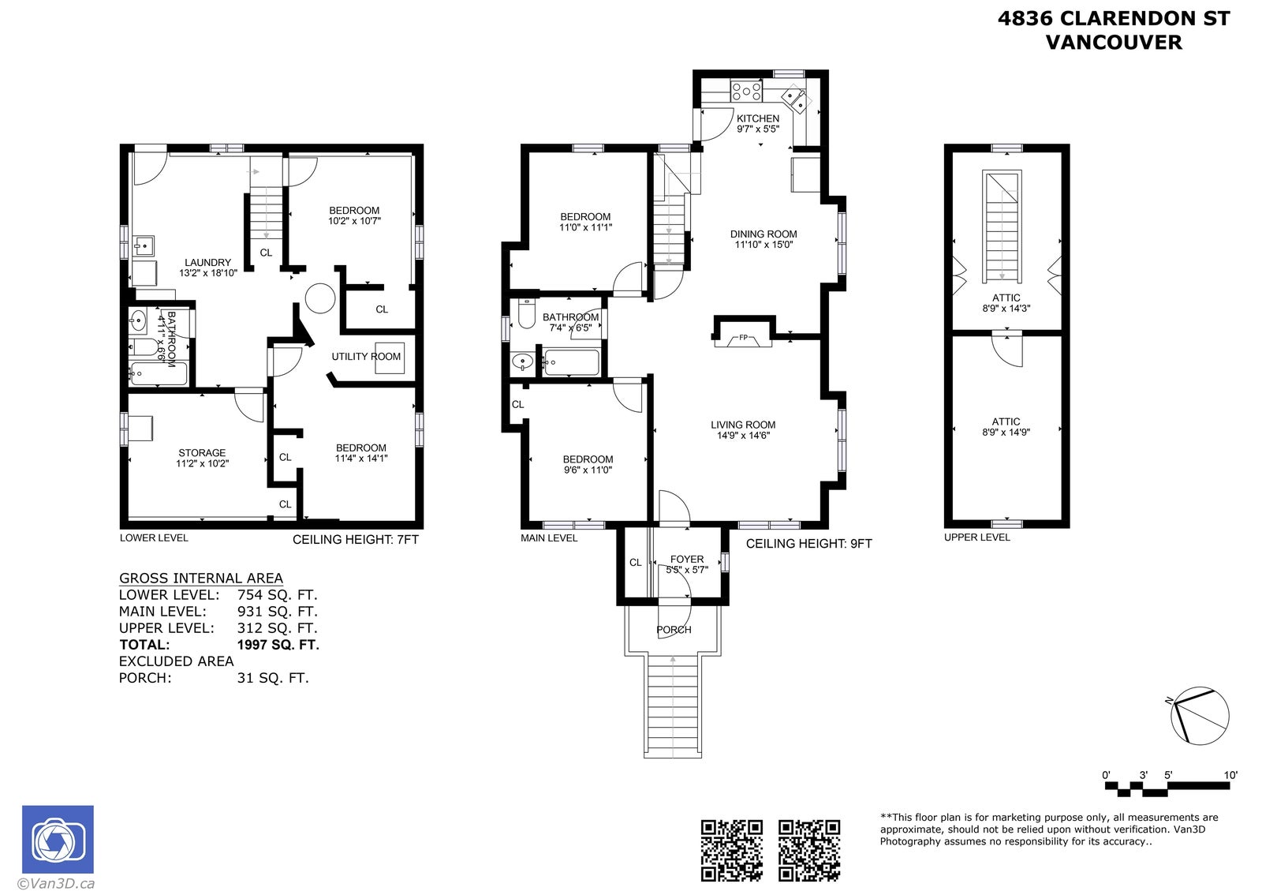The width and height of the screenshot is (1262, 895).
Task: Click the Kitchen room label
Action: (758, 118)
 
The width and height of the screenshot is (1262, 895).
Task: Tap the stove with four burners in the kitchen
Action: (746, 91)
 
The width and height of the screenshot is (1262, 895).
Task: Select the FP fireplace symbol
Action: (742, 339)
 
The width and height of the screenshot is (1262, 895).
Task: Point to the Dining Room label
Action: (764, 234)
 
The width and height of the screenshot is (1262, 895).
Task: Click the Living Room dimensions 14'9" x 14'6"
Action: (743, 435)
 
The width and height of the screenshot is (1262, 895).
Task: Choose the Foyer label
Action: (687, 559)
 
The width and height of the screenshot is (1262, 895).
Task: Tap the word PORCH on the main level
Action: (674, 630)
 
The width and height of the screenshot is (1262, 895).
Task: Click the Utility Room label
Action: (366, 356)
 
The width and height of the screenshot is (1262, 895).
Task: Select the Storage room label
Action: (202, 452)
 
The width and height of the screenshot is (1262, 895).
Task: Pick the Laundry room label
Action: (208, 262)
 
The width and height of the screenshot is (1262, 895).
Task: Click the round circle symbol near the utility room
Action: (320, 298)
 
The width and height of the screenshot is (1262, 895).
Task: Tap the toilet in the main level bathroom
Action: (526, 313)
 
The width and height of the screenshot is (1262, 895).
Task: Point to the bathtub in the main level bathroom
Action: (571, 362)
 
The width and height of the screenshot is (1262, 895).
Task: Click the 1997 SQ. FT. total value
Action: (278, 644)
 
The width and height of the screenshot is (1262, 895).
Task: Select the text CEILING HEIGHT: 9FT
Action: (808, 543)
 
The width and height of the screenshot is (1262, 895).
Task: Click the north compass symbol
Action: (1198, 717)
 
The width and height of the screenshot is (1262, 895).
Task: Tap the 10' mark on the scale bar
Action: (1230, 775)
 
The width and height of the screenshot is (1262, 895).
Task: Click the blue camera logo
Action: (58, 839)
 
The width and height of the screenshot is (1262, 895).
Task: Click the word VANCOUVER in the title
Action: (1114, 43)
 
